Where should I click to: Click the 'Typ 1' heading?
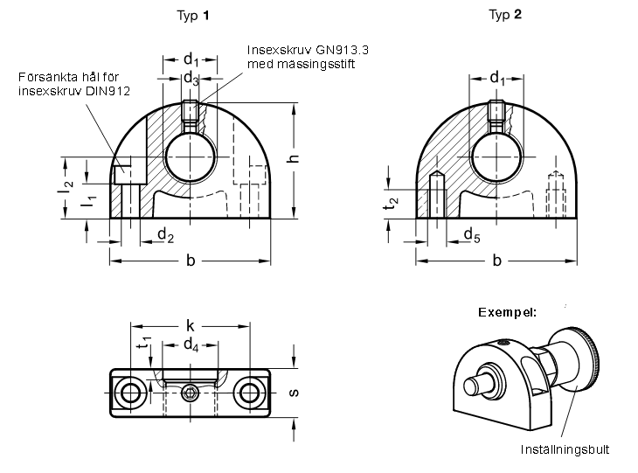(193, 16)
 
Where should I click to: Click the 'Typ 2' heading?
(505, 15)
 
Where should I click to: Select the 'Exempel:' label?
(508, 313)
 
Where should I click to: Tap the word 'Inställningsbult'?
(565, 449)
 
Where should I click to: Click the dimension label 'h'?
(293, 158)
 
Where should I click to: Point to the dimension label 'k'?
(190, 325)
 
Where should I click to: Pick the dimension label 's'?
(293, 393)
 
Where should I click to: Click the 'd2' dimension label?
(165, 235)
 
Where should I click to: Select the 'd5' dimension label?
(472, 235)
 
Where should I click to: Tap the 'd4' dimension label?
(191, 345)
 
